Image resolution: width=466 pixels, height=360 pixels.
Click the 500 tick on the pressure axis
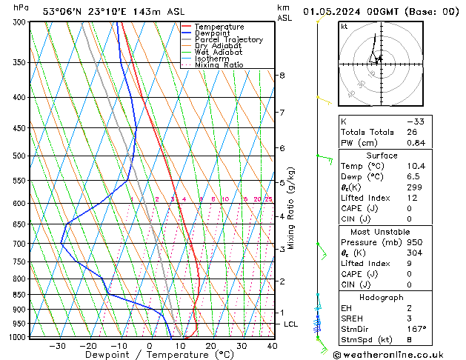(19, 156)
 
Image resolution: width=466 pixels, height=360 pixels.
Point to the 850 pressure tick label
(19, 294)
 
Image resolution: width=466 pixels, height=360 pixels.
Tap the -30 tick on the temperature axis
(57, 345)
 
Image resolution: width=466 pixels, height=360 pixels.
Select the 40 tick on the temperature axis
(272, 345)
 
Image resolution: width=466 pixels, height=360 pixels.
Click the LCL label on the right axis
(292, 324)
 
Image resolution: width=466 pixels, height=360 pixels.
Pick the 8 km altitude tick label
(282, 76)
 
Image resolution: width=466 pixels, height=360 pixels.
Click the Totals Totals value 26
(412, 132)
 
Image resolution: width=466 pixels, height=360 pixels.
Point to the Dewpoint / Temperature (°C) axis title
(149, 355)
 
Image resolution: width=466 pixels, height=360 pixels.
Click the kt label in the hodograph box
(344, 27)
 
